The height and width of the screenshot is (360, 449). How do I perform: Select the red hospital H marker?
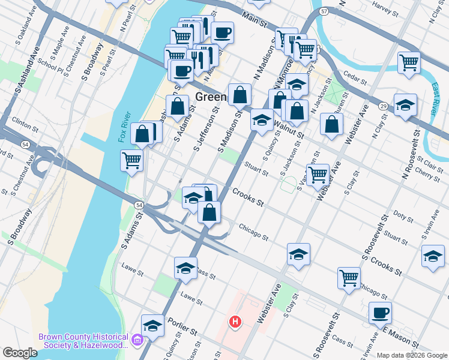(x=235, y=322)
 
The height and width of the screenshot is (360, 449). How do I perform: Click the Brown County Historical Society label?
(x=84, y=341)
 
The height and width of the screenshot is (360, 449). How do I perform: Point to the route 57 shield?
(x=324, y=11)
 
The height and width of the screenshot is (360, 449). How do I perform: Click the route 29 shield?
(x=382, y=106)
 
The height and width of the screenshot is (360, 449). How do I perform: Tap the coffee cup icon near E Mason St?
(x=380, y=313)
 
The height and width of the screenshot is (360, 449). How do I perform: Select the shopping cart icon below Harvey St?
(x=409, y=62)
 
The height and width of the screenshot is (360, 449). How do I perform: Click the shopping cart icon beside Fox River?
(x=131, y=160)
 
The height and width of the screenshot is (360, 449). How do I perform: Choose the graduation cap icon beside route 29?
(x=405, y=104)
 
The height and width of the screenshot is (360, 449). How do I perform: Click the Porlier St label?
(x=182, y=329)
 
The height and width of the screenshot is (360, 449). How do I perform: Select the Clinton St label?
(x=21, y=119)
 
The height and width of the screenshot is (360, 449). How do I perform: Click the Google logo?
(x=20, y=353)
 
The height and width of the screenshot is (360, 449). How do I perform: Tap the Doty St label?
(x=400, y=214)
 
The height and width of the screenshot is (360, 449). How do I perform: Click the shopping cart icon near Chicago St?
(x=349, y=278)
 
